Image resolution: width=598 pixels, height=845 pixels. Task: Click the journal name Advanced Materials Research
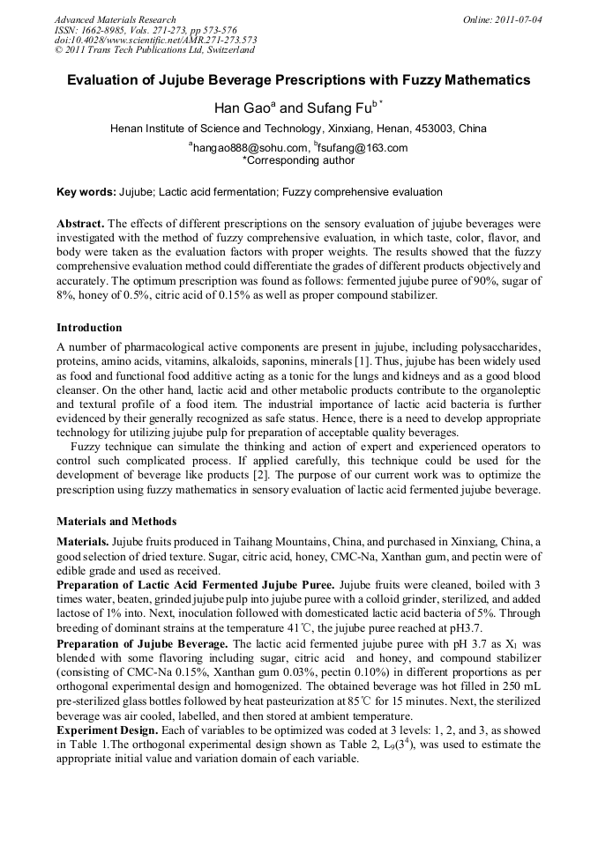coord(115,19)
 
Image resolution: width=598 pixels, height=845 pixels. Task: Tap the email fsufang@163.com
coord(363,148)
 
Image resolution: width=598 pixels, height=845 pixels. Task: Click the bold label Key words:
coord(86,191)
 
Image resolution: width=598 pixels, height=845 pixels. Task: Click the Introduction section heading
coord(89,328)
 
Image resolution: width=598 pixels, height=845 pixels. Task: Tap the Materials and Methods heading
coord(116,521)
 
